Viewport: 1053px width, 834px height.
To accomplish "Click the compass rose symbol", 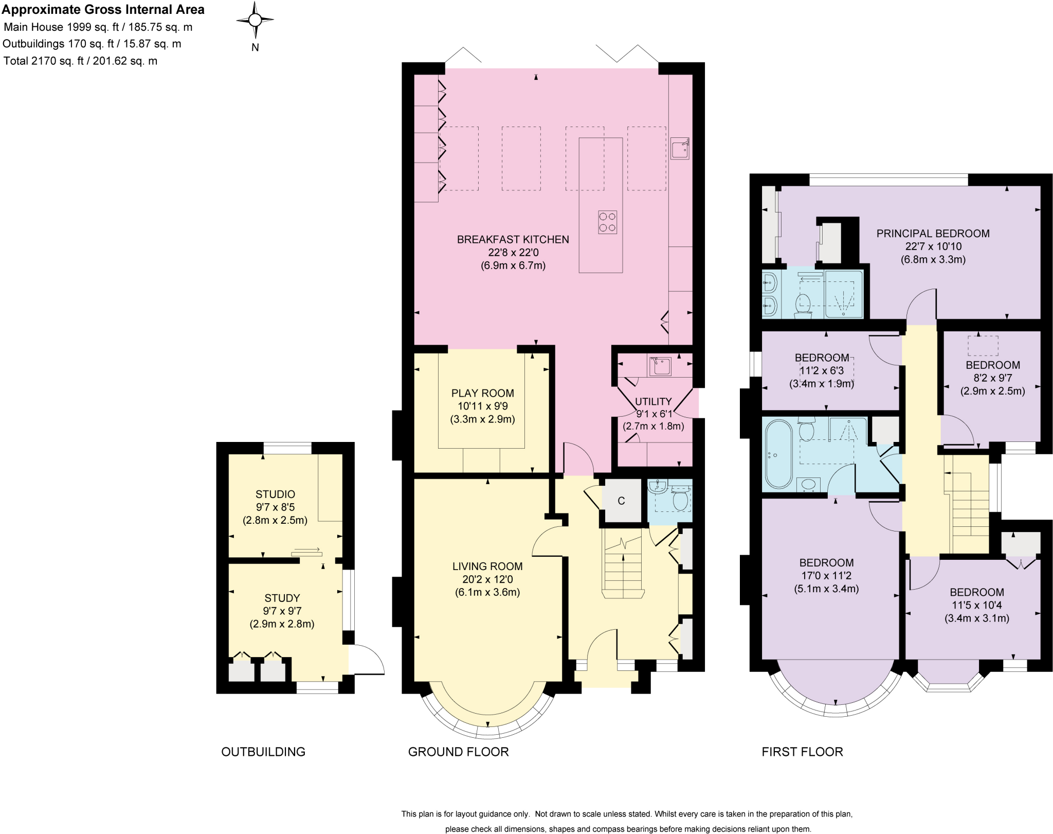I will [255, 21].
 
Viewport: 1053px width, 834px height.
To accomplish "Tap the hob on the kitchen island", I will [607, 222].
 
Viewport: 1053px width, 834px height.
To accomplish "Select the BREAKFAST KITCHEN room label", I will [513, 239].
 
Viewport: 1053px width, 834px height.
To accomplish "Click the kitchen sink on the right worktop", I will [680, 148].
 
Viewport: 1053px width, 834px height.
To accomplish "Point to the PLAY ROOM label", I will [482, 393].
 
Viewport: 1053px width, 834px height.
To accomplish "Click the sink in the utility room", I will [661, 366].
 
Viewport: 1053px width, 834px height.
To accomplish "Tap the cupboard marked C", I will [621, 501].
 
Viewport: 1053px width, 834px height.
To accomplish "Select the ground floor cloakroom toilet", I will [680, 500].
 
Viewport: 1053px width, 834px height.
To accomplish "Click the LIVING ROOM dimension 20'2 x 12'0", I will [487, 579].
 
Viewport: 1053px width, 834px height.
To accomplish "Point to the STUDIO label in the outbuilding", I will [275, 494].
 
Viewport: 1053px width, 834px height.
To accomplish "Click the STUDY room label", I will [282, 598].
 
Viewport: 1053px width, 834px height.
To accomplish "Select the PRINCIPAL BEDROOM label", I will [933, 234].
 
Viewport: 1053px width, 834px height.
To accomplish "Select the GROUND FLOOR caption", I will [458, 752].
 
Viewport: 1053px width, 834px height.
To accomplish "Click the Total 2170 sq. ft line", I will [80, 61].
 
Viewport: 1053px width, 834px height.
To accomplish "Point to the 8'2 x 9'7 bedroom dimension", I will [992, 378].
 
